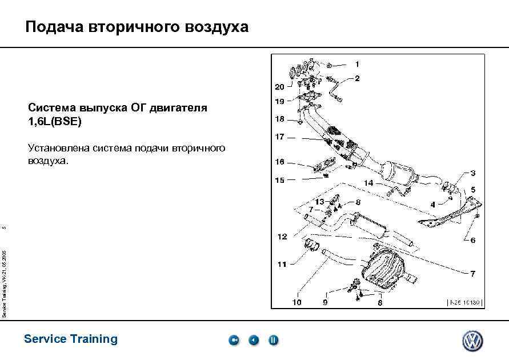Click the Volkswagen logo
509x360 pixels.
point(472,341)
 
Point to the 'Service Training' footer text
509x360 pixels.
point(71,339)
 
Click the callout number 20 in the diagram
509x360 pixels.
point(279,87)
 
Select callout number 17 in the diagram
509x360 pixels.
point(279,137)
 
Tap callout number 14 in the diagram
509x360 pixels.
point(369,183)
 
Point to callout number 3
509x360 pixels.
point(473,173)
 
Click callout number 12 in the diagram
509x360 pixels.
point(282,237)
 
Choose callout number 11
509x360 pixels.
point(282,264)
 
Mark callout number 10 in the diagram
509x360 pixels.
point(297,302)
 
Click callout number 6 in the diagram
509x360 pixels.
point(473,241)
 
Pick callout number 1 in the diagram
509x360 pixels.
point(358,64)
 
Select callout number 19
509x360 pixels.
point(279,102)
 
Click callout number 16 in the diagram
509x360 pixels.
point(279,162)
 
